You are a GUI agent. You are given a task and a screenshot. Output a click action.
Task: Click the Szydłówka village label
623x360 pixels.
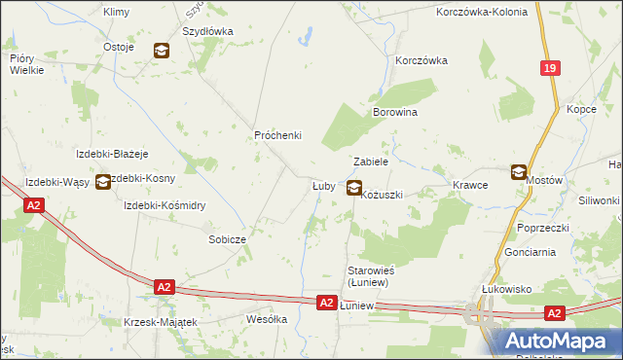[x=207, y=31]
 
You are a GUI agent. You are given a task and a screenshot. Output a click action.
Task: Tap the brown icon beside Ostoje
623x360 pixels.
[x=162, y=50]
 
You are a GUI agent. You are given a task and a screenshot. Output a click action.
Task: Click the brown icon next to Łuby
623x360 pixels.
[x=355, y=188]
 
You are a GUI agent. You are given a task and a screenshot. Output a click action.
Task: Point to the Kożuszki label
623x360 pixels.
[x=382, y=196]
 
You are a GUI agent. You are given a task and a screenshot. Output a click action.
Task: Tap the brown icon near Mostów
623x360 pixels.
[x=520, y=171]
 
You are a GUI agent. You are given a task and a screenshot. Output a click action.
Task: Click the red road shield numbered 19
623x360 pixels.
[x=551, y=68]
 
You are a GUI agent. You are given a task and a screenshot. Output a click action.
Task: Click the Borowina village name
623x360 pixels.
[x=395, y=113]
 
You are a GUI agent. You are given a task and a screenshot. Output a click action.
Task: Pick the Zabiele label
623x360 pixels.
[x=371, y=162]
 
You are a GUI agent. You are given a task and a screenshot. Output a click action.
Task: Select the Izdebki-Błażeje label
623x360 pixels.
[x=112, y=154]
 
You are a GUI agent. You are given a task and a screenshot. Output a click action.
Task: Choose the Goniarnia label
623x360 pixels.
[x=531, y=251]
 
